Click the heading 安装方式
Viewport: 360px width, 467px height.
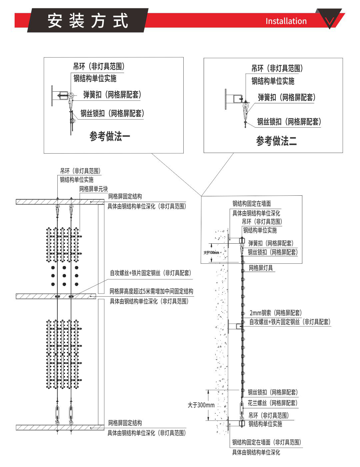click(88, 21)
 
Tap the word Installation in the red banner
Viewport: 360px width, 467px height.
click(286, 21)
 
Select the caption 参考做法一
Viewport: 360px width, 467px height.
click(110, 136)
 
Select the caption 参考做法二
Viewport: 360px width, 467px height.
click(276, 141)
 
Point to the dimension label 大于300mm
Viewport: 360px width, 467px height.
click(201, 405)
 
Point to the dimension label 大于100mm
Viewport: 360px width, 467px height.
click(211, 252)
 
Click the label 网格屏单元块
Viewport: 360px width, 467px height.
click(93, 189)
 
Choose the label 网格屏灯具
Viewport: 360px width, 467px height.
click(261, 268)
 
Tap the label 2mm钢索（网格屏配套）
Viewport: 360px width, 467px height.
click(275, 313)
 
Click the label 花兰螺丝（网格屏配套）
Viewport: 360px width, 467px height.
click(273, 403)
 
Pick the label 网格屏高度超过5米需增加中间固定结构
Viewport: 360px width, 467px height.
click(151, 291)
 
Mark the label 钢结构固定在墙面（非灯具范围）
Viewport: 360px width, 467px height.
click(267, 442)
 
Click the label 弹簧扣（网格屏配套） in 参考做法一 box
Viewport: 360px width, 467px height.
click(112, 95)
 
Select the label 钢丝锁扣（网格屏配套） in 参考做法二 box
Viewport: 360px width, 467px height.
click(289, 122)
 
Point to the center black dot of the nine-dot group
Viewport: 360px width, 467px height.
click(64, 276)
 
